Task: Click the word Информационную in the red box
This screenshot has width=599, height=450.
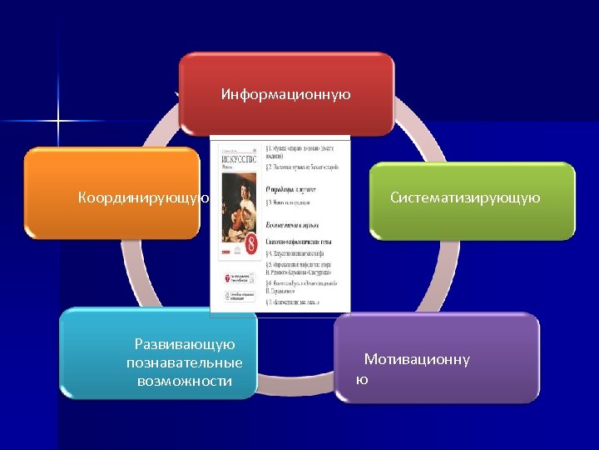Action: click(285, 94)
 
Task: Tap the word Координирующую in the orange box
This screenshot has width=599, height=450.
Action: click(142, 197)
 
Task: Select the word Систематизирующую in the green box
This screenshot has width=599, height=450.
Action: click(465, 197)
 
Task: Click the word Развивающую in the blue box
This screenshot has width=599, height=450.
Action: click(185, 344)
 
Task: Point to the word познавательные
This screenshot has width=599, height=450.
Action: click(185, 362)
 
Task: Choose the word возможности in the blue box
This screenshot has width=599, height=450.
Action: click(185, 381)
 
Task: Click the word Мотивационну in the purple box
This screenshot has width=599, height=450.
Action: click(416, 359)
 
